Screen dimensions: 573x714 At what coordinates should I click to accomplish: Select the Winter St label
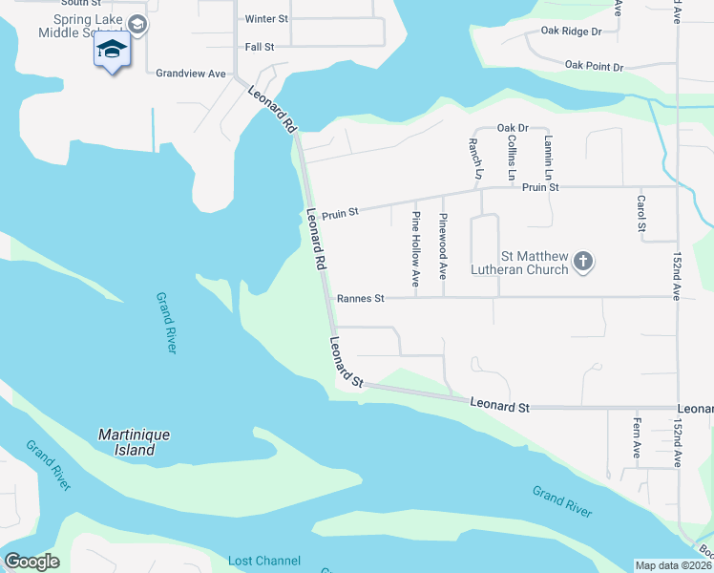pos(266,19)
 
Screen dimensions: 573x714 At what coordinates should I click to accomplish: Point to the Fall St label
pos(260,46)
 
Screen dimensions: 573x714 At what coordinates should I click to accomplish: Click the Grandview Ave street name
pos(191,74)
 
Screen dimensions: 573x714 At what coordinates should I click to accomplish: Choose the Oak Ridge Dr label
pos(571,32)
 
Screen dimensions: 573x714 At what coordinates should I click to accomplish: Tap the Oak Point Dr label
pos(593,66)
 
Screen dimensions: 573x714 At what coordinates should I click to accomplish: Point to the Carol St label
pos(641,214)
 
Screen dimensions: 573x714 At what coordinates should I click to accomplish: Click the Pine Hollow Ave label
pos(416,248)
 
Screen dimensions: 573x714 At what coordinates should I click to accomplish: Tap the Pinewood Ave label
pos(443,245)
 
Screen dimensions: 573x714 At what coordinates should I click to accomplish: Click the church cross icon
pos(584,261)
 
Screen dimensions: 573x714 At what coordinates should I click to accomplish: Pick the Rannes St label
pos(360,299)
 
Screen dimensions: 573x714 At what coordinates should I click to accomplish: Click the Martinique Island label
pos(135,441)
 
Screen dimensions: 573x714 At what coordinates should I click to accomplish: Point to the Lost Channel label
pos(264,561)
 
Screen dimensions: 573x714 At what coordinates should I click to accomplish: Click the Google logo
pos(31,562)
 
